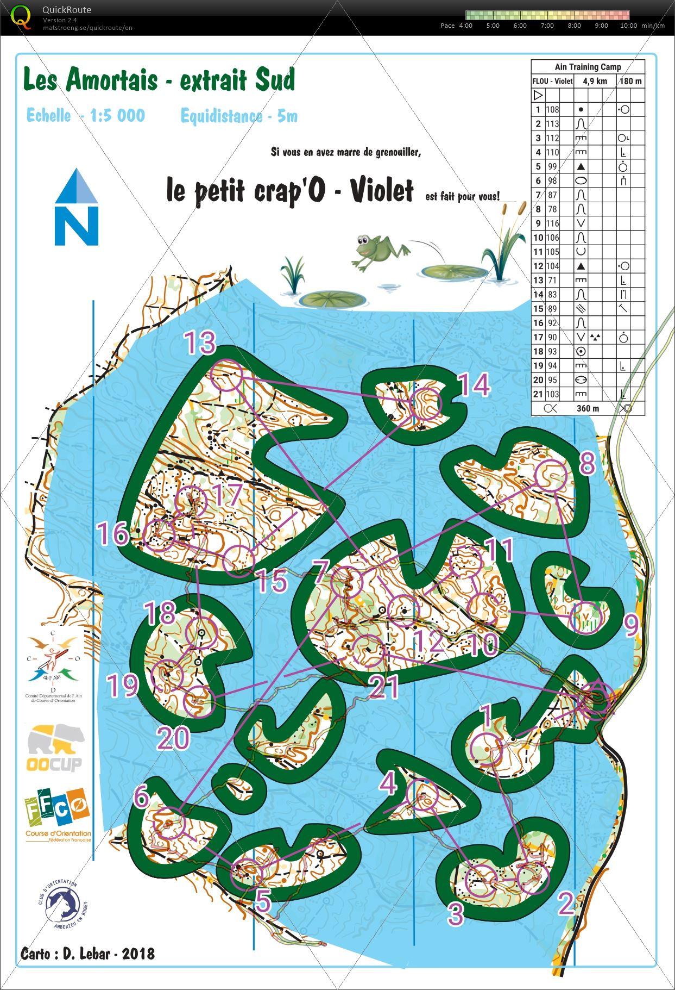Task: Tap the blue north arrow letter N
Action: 77,225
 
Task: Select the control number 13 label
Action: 200,343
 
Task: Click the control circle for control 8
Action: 551,476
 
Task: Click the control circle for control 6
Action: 169,824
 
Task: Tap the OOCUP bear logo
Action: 56,746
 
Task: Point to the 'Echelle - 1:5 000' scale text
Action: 86,115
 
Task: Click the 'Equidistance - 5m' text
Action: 239,116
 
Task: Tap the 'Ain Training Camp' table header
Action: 588,67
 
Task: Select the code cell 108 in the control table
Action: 552,109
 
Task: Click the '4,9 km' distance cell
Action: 595,81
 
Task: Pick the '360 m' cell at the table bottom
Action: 588,408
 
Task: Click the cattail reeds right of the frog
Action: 505,242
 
